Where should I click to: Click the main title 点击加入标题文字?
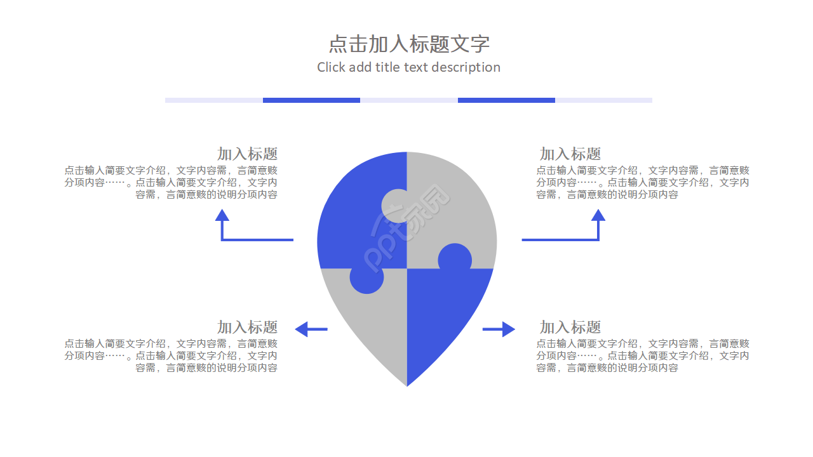408,44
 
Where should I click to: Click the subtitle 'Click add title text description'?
408,67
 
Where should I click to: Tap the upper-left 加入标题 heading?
247,154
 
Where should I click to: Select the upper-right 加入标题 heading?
570,154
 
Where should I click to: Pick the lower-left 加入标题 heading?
247,327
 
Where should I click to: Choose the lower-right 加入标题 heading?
570,327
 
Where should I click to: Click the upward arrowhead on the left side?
222,215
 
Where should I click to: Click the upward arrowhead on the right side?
598,215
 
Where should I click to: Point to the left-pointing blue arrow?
311,329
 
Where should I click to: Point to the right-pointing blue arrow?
499,329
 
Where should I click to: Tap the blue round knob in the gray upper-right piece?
455,259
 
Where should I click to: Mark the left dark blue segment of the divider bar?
311,100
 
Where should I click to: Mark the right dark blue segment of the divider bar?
506,100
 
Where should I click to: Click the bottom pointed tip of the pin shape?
407,383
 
